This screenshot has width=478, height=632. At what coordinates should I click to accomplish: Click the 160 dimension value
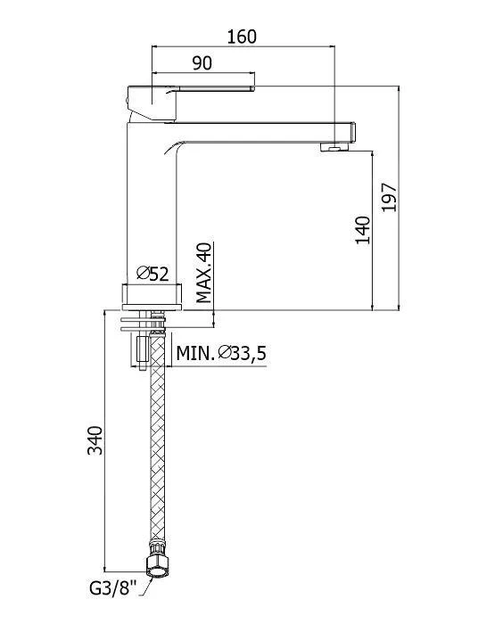(x=242, y=37)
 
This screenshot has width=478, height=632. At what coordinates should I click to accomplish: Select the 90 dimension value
(x=202, y=63)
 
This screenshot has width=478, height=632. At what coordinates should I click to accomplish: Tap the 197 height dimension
(x=390, y=197)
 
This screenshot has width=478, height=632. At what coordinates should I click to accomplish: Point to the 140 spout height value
(x=363, y=230)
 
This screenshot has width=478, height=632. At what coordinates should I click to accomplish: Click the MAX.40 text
(x=204, y=273)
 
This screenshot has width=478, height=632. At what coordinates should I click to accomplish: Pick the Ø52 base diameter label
(x=152, y=274)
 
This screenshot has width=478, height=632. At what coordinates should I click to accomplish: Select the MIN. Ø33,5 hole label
(x=221, y=354)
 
